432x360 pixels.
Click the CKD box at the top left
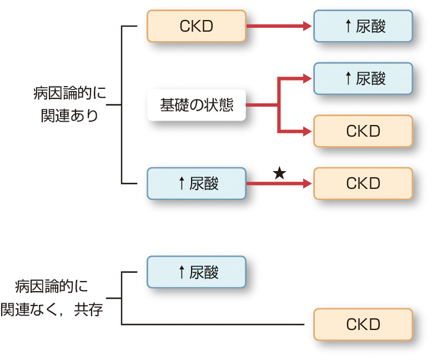pyautogui.click(x=197, y=26)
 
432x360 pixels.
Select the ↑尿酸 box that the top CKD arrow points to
pyautogui.click(x=363, y=26)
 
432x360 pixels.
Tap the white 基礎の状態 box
pyautogui.click(x=197, y=106)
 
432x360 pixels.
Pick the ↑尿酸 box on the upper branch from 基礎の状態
pyautogui.click(x=363, y=79)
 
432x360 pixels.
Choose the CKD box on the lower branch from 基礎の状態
pyautogui.click(x=363, y=131)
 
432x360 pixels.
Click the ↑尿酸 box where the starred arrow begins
pyautogui.click(x=197, y=183)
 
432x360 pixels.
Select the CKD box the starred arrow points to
pyautogui.click(x=363, y=183)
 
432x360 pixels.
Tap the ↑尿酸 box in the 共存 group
pyautogui.click(x=197, y=272)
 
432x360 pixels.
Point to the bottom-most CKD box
pyautogui.click(x=363, y=324)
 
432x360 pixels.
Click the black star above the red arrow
pyautogui.click(x=279, y=173)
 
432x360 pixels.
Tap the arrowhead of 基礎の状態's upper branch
pyautogui.click(x=307, y=79)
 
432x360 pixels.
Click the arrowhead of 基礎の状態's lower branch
pyautogui.click(x=307, y=132)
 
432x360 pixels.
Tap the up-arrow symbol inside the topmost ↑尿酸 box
pyautogui.click(x=348, y=27)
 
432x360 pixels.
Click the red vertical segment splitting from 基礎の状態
pyautogui.click(x=278, y=106)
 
